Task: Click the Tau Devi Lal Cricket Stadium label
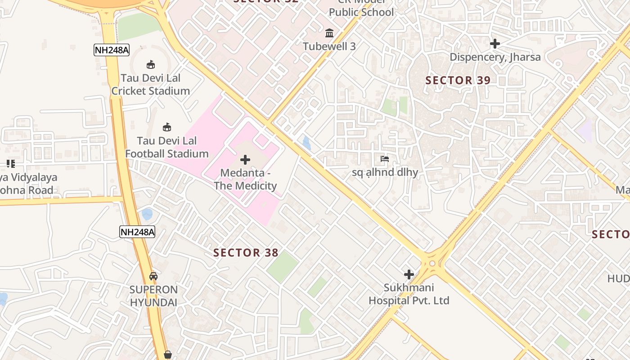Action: [x=151, y=85]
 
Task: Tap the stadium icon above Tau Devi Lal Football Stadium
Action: [x=167, y=127]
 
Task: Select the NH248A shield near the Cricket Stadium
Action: [x=112, y=50]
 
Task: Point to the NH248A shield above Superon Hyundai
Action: [x=137, y=232]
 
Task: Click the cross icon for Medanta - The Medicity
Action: [x=245, y=160]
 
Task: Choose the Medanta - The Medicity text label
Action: [x=245, y=179]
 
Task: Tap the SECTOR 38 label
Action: [x=246, y=253]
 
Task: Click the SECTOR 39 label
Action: [x=458, y=81]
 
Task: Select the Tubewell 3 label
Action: [x=329, y=46]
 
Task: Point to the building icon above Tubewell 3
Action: [x=329, y=33]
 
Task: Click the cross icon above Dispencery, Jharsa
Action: [x=495, y=44]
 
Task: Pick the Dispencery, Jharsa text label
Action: [x=495, y=57]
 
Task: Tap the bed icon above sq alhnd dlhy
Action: [x=385, y=159]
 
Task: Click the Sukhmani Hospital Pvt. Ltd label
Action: [x=409, y=294]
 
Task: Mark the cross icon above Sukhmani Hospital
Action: [x=409, y=274]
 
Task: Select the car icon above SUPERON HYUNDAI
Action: [x=153, y=276]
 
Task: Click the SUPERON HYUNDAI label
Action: [x=154, y=296]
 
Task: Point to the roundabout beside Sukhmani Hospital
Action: [x=432, y=263]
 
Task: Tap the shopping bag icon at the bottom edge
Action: [x=168, y=355]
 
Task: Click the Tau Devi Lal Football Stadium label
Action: [x=167, y=147]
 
